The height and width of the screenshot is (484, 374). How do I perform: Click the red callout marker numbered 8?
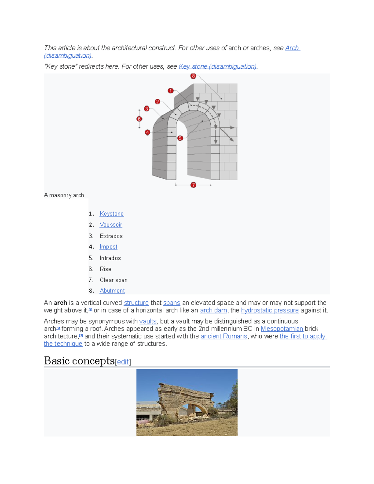click(193, 76)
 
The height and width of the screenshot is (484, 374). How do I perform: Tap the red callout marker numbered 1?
click(170, 91)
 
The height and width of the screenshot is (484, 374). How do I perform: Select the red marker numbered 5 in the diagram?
click(180, 138)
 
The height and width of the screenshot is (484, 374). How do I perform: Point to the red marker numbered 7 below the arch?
click(193, 185)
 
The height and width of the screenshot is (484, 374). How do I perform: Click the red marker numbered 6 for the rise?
click(139, 119)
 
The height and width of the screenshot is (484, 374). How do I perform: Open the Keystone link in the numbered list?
click(112, 214)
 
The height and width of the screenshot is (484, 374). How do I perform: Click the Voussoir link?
click(111, 225)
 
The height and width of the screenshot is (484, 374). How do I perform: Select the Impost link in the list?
click(108, 247)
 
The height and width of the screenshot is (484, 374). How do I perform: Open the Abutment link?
click(112, 291)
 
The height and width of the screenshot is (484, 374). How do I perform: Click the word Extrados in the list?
click(111, 236)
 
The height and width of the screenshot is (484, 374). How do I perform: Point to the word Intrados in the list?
click(110, 258)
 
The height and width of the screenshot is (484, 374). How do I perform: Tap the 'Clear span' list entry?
click(114, 280)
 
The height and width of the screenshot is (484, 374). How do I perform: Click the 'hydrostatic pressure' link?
click(270, 310)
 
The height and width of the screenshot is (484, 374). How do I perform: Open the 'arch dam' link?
click(213, 310)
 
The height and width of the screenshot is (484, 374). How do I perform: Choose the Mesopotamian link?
click(282, 329)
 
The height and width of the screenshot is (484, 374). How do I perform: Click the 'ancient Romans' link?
click(224, 336)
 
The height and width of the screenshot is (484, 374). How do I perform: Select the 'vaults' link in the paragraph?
click(148, 321)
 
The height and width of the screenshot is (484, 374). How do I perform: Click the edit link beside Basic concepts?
click(123, 362)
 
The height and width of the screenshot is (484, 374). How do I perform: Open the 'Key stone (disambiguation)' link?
click(218, 66)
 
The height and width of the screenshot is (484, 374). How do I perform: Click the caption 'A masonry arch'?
click(64, 195)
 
